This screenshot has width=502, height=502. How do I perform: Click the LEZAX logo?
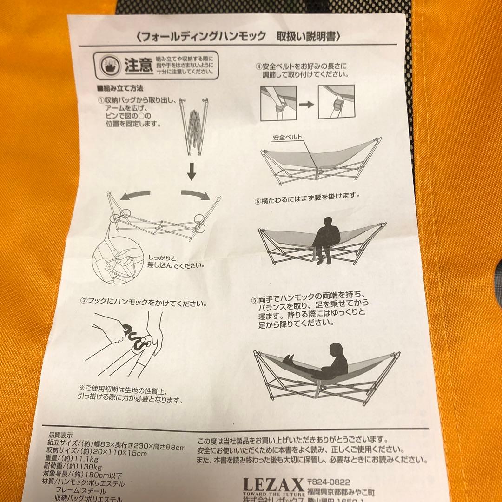click(x=273, y=484)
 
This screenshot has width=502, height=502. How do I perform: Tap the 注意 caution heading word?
click(x=139, y=66)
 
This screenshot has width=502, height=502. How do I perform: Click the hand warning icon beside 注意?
click(x=109, y=66)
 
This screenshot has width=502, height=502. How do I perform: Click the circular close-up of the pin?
click(x=114, y=263)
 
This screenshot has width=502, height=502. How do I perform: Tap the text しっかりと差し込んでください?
click(x=176, y=261)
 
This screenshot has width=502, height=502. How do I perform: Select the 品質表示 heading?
click(x=60, y=436)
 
